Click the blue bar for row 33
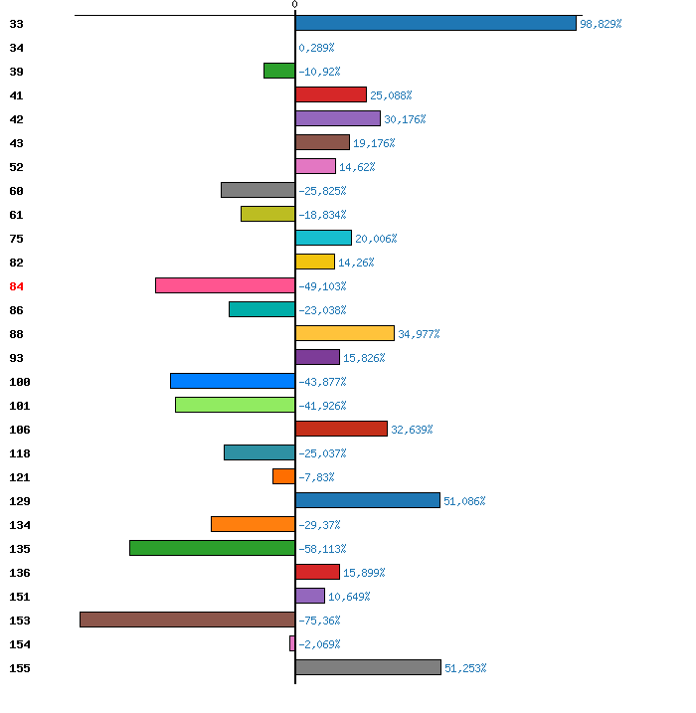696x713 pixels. [x=435, y=23]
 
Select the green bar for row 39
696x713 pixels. [x=279, y=71]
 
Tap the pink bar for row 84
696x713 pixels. [x=225, y=285]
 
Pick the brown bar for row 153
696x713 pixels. [x=187, y=620]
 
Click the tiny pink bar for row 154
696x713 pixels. [x=292, y=643]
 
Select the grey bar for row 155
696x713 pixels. [x=368, y=667]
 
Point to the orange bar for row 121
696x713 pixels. [x=283, y=476]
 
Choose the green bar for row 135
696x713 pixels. [x=213, y=548]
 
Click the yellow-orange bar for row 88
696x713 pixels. [x=345, y=333]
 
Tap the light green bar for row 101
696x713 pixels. [x=235, y=405]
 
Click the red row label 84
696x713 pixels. [x=16, y=286]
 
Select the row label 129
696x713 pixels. [x=20, y=501]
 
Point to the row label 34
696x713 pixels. [x=16, y=48]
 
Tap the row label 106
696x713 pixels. [x=20, y=430]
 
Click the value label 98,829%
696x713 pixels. [x=601, y=24]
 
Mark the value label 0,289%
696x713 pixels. [x=316, y=48]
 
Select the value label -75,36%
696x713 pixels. [x=319, y=621]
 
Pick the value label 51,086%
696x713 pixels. [x=464, y=501]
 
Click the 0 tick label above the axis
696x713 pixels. [x=294, y=4]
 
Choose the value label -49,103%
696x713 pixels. [x=322, y=286]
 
